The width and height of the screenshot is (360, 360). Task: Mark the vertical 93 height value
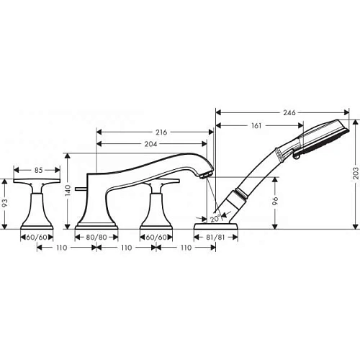[6, 204]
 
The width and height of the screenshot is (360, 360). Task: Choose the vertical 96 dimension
[274, 202]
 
